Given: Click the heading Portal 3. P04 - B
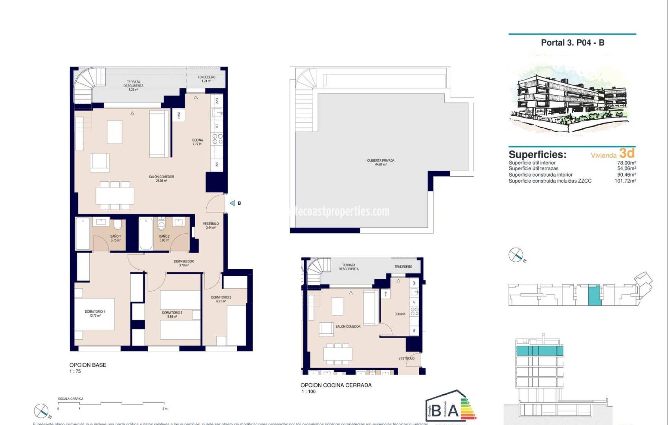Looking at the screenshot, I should pos(572,43).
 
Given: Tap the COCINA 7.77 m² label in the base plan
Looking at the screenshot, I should pos(197,142).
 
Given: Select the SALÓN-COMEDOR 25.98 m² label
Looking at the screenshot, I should pos(161,179).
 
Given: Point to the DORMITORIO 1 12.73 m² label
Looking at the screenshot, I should pos(95,314).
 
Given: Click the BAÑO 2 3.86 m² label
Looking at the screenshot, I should pos(164,238).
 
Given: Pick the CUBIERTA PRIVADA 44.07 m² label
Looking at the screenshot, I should pos(380,162).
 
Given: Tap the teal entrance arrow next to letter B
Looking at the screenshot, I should pos(232,203).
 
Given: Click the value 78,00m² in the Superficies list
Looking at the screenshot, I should pos(626,163).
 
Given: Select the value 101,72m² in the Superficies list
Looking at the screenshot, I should pos(625,181).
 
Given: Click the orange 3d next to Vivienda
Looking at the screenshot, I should pos(627,153).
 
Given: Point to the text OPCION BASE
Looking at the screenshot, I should pos(88,365).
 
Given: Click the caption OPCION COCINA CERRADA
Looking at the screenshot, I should pos(336,385).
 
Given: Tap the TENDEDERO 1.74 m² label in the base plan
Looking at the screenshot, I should pos(206,79).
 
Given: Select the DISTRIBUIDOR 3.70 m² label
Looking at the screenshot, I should pos(184,263).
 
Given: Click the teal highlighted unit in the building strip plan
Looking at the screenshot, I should pos(594,296).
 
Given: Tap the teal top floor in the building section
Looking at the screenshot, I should pos(539,351).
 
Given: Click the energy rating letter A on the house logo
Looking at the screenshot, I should pos(453,410).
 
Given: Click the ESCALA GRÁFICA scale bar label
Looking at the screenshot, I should pos(71,399).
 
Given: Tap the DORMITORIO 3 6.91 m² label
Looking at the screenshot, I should pos(221,299).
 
